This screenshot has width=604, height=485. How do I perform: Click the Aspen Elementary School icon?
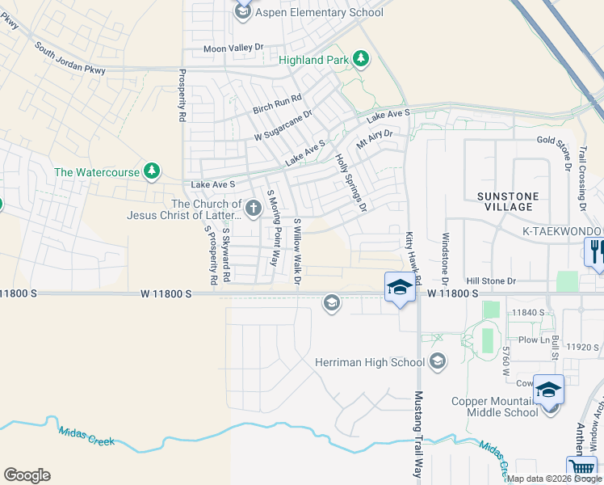pos(243,11)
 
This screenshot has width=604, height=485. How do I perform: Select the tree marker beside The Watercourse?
pos(151,171)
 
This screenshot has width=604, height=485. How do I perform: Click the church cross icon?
pos(254,209)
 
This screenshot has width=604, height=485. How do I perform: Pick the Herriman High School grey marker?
pos(438,361)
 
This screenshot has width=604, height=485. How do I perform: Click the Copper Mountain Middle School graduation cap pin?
pos(548,390)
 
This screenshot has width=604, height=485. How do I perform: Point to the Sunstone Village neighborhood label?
pos(505,201)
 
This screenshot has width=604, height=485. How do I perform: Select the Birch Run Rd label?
pos(277,103)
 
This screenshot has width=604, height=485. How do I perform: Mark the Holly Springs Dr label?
pos(350,183)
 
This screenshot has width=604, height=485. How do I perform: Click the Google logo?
pos(27,475)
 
